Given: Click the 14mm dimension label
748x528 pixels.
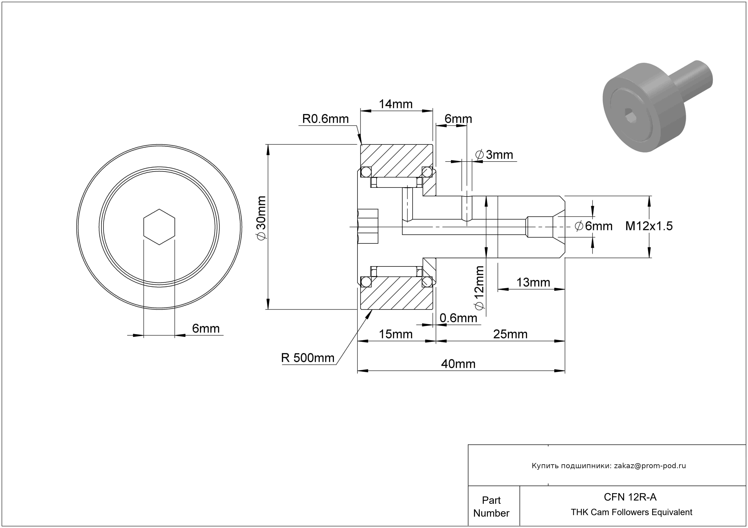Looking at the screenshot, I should [x=396, y=104].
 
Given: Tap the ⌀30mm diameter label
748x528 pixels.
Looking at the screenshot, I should [x=261, y=218].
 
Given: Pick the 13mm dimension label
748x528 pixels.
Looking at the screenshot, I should [x=533, y=282].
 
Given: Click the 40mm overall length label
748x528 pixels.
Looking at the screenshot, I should [x=458, y=364].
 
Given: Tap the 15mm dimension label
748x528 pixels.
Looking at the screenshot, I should [x=396, y=334].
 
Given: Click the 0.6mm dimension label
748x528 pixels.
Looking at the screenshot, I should [x=458, y=318].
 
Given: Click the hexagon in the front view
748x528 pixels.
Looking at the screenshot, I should [x=159, y=227].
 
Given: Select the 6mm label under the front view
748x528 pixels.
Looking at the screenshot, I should [x=206, y=328].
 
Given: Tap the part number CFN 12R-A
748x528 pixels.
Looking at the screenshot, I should [x=630, y=497].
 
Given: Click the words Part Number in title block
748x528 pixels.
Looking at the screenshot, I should [x=491, y=507].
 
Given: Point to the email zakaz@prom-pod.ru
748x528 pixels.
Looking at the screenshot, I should [x=650, y=466].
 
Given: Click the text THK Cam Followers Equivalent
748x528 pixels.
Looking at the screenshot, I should [x=631, y=512].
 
